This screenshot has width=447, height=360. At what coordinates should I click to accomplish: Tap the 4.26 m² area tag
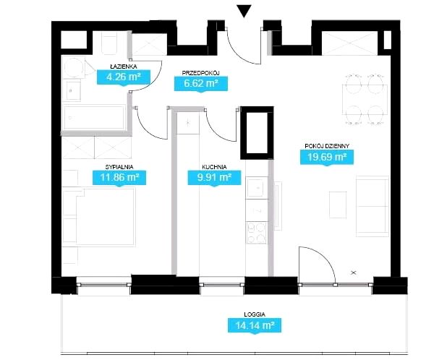124,77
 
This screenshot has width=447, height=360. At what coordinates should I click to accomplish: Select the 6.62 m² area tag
201,84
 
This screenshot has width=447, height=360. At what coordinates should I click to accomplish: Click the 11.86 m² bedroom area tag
119,178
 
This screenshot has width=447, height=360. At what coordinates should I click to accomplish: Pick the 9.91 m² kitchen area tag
214,178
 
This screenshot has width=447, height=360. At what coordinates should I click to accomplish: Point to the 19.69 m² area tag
327,157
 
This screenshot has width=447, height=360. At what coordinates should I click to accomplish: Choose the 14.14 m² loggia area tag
255,325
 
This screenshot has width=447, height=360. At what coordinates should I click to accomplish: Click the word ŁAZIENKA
124,67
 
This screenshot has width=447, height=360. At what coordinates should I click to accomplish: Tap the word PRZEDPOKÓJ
200,73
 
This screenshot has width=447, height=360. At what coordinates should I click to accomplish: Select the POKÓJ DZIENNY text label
327,146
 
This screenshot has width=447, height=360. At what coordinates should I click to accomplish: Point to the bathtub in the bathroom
94,117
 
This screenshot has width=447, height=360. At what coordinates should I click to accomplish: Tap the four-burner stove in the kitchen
257,232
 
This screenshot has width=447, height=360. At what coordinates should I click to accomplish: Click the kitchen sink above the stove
257,188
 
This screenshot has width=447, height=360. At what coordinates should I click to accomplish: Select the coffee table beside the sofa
338,205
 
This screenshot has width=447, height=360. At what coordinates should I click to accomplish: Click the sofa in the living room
372,206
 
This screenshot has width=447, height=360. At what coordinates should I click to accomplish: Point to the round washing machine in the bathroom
74,68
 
